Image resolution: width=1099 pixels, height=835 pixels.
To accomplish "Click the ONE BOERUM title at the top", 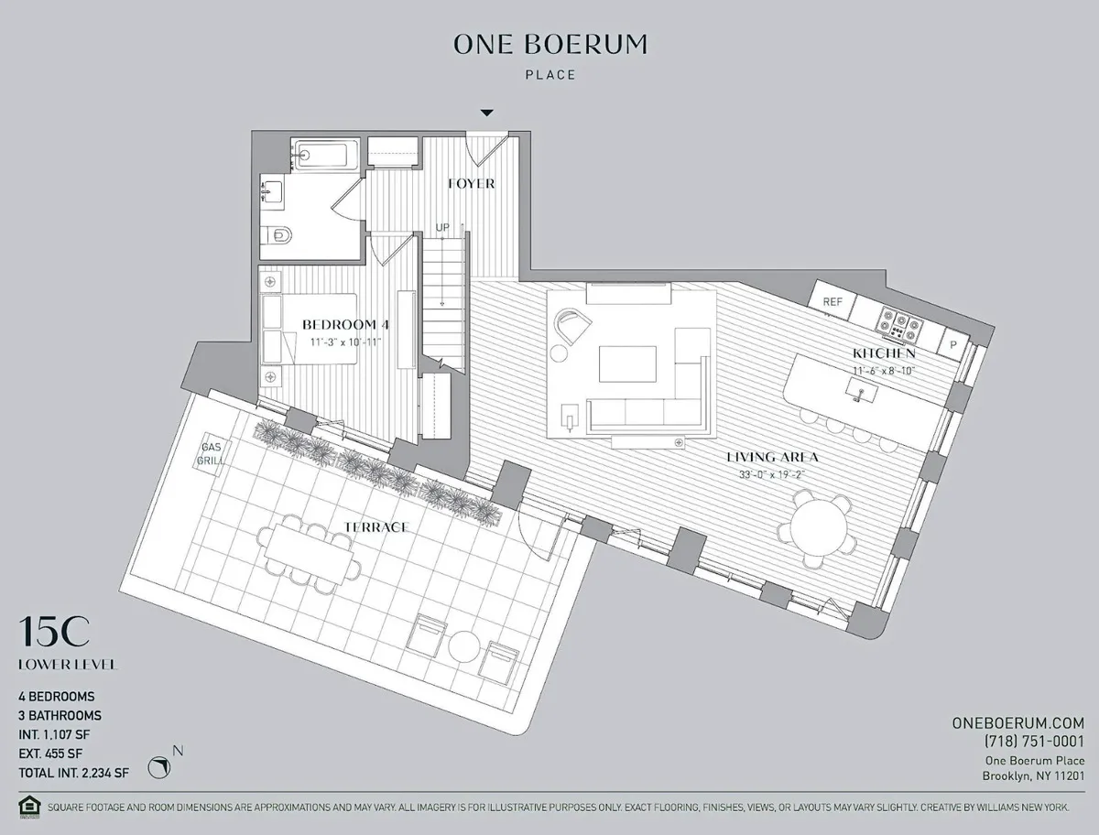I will click(550, 44).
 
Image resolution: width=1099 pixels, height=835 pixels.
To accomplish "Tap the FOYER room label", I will click(472, 184).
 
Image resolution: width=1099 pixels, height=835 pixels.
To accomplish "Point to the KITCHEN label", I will click(884, 353).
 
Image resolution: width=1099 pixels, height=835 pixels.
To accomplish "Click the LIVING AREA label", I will click(772, 457).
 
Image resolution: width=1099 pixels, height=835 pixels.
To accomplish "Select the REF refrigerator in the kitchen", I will click(832, 301).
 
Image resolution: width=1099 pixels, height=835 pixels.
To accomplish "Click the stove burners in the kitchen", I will click(898, 322).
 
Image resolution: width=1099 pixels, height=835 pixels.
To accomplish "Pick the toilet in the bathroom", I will click(279, 237).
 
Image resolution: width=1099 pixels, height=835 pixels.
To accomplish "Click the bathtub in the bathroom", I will click(325, 155).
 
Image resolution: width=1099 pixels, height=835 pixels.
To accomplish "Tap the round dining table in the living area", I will click(821, 528).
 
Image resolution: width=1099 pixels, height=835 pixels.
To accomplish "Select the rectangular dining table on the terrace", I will click(309, 552).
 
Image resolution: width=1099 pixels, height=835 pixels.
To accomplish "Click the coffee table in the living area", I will click(627, 363).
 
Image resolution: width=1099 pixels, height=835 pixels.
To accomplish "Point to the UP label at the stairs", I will click(441, 227).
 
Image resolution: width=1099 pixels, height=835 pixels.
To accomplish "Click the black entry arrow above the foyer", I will click(487, 113).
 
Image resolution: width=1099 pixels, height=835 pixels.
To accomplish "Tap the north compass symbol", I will click(161, 765).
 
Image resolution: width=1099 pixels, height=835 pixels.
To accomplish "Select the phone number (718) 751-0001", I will click(1033, 741).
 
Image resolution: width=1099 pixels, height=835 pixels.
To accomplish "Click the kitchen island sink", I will click(860, 392).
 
